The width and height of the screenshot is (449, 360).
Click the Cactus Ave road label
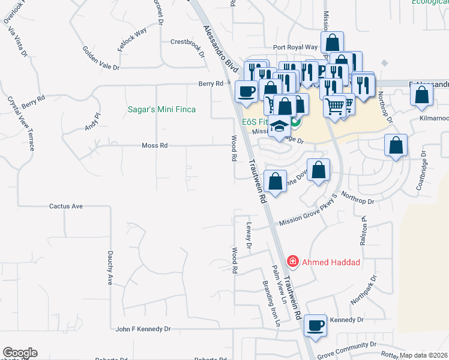[65, 206]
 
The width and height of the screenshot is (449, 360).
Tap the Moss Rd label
[154, 145]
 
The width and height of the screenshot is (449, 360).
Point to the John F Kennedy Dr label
[143, 329]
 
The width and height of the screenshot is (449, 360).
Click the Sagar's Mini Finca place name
[161, 110]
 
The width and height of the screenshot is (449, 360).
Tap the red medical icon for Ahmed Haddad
[292, 262]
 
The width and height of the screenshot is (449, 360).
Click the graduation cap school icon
[279, 126]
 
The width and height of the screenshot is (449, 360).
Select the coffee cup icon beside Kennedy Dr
[316, 325]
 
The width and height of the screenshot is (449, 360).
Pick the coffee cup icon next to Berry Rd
[247, 91]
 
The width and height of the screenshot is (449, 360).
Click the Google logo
[20, 353]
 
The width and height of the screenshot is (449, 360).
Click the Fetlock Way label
[133, 40]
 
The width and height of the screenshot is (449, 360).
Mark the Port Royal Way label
[295, 47]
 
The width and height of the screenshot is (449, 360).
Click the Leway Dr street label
[249, 236]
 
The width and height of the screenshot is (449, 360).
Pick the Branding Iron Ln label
[270, 303]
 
